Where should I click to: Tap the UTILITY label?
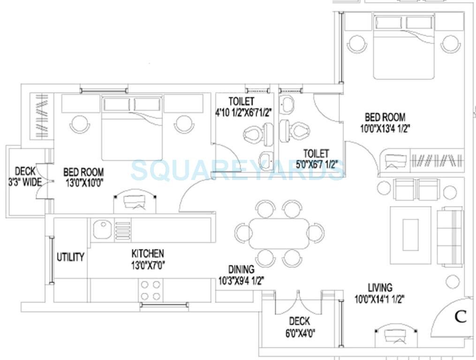click(x=70, y=257)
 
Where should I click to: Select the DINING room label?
click(x=241, y=270)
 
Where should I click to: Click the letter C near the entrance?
click(x=461, y=317)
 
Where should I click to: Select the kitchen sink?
click(x=101, y=230)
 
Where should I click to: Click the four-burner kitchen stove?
click(x=150, y=290)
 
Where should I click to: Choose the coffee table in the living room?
click(x=411, y=234)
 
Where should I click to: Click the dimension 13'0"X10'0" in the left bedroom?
click(x=83, y=183)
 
